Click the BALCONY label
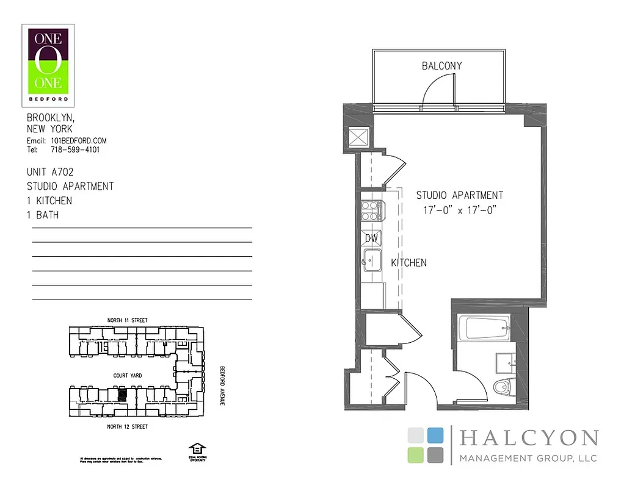click(x=441, y=66)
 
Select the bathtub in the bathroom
click(x=488, y=329)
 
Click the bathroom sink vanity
click(x=505, y=362)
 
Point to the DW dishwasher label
click(x=371, y=238)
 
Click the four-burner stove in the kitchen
click(x=371, y=210)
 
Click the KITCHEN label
click(x=409, y=263)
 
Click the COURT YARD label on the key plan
click(x=128, y=376)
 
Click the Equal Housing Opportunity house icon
click(x=197, y=448)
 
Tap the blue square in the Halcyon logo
click(x=435, y=435)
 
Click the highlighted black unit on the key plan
click(x=122, y=395)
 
